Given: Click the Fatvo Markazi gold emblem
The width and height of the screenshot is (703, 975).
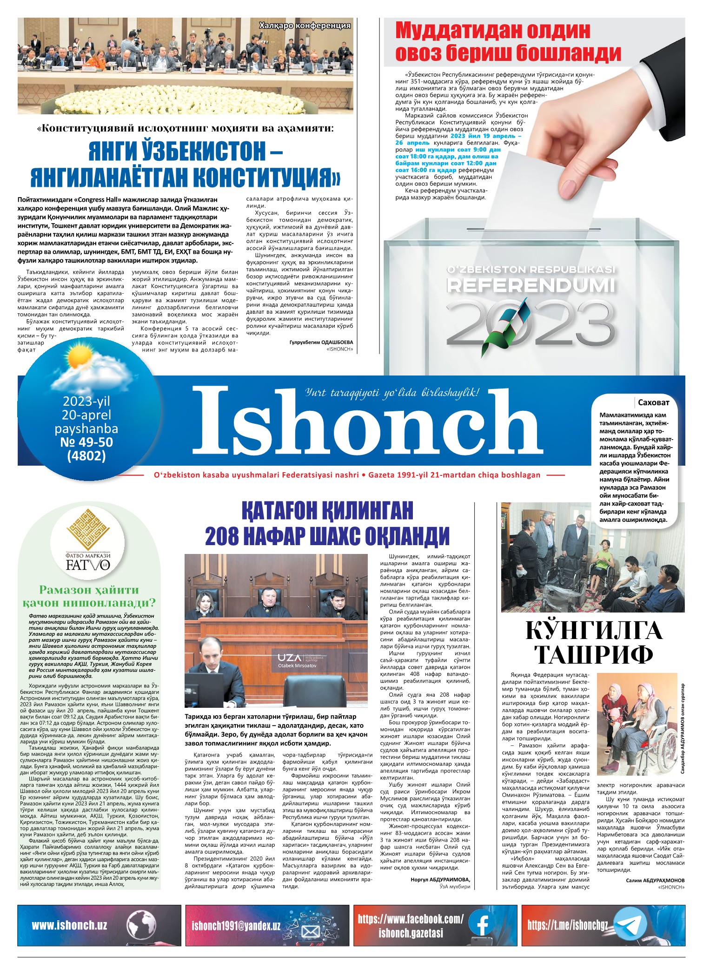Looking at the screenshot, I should tap(88, 530).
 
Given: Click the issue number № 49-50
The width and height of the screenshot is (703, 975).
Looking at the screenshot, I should tap(86, 442).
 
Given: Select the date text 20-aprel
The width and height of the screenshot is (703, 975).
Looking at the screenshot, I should tap(86, 415).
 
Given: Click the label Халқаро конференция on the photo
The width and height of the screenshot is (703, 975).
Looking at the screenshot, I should tap(305, 26).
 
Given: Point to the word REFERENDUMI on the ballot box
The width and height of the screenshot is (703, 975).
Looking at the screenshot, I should tap(531, 285).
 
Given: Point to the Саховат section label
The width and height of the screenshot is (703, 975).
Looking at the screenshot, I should tap(653, 402).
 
